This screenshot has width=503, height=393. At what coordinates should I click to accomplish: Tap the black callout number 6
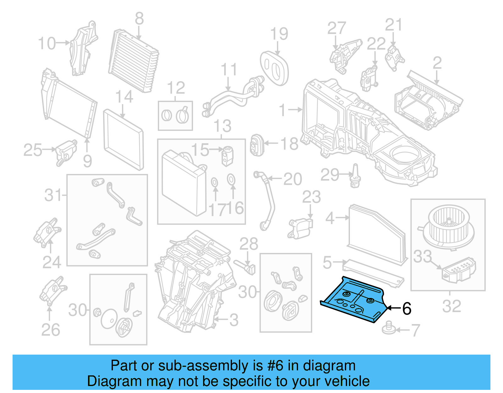pos(406,309)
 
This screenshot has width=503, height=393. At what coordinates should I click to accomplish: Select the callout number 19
pos(279,34)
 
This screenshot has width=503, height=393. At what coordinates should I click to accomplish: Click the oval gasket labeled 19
pos(274,68)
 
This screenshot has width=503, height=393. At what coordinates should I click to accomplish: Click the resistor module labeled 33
pos(459,269)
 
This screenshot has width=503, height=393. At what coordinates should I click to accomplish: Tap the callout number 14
pos(124,97)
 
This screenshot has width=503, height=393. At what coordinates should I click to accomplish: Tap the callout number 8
pos(139,19)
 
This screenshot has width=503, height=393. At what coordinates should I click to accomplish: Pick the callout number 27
pos(336,28)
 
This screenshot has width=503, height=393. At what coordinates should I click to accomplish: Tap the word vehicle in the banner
pos(347,381)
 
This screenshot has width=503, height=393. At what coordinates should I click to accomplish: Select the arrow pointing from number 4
pos(342,217)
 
